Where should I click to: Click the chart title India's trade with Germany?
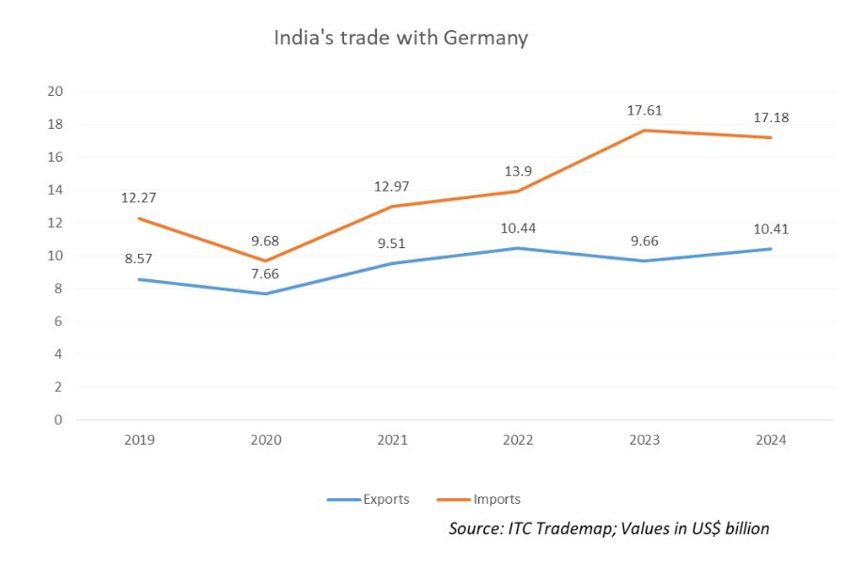pyautogui.click(x=400, y=39)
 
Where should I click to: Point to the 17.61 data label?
pyautogui.click(x=645, y=110)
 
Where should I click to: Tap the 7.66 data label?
pyautogui.click(x=265, y=274)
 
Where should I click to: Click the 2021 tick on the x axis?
pyautogui.click(x=391, y=440)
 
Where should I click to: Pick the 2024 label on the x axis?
pyautogui.click(x=771, y=440)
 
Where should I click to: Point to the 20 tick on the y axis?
pyautogui.click(x=55, y=91)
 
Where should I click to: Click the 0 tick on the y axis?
pyautogui.click(x=58, y=420)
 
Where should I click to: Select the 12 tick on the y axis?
pyautogui.click(x=55, y=223)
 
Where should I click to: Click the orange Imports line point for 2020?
pyautogui.click(x=265, y=260)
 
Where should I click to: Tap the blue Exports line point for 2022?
pyautogui.click(x=518, y=248)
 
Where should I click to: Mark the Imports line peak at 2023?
pyautogui.click(x=644, y=131)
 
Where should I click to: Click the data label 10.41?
pyautogui.click(x=771, y=228)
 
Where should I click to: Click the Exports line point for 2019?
pyautogui.click(x=138, y=279)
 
